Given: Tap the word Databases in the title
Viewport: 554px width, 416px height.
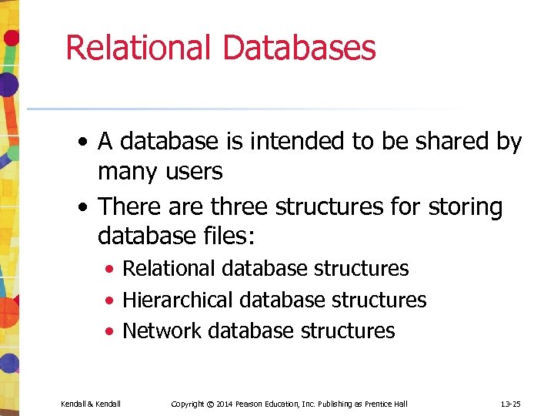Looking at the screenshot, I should (299, 47).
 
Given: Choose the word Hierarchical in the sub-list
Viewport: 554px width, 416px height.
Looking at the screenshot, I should (178, 300).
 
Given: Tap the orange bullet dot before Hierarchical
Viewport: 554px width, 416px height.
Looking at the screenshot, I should (112, 300).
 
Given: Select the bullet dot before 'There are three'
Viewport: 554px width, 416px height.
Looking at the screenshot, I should (82, 208).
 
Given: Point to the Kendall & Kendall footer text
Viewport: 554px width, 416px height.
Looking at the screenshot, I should (91, 404).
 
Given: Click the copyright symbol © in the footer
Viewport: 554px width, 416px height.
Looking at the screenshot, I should (209, 404).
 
